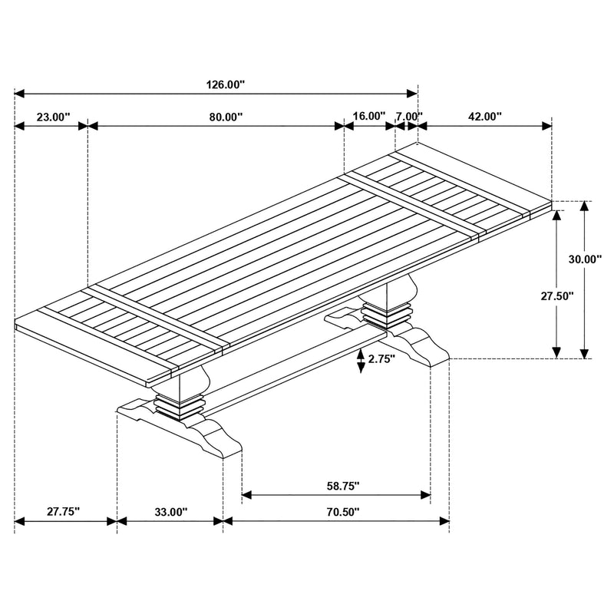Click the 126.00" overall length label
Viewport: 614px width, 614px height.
click(x=226, y=85)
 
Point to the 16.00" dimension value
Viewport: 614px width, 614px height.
click(x=368, y=117)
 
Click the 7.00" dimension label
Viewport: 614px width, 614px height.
click(x=409, y=117)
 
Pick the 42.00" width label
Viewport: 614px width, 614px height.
click(x=484, y=117)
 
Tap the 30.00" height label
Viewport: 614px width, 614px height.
click(x=584, y=259)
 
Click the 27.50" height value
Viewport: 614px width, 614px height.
click(x=555, y=295)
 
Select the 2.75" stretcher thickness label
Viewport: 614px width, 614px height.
click(x=381, y=358)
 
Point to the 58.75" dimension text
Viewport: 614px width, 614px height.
click(x=338, y=487)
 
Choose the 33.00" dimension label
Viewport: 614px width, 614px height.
click(x=170, y=512)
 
